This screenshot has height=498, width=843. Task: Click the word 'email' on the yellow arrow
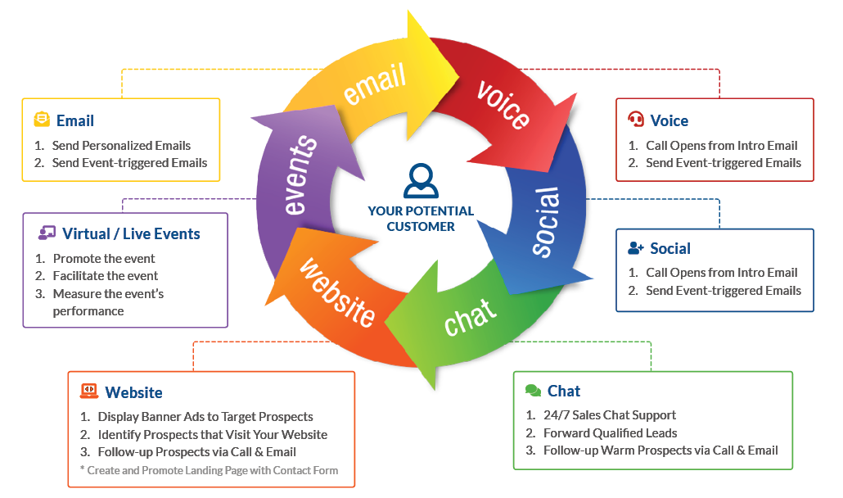coord(375,84)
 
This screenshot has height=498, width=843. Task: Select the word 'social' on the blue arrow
coord(546,222)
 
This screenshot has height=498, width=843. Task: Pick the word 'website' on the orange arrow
coord(337,292)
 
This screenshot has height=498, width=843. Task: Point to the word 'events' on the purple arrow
coord(302,175)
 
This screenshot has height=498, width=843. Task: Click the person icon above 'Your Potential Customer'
coord(421,181)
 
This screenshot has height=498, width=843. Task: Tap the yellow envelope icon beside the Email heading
coord(42,120)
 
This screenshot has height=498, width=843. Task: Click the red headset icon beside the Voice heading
coord(635,120)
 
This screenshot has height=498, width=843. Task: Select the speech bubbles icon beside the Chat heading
coord(533,391)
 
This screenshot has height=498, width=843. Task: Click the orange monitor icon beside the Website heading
coord(89,392)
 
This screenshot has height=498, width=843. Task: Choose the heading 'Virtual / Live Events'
coord(131,233)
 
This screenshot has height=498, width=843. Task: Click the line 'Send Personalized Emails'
coord(121,146)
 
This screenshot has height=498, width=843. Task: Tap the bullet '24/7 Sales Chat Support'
coord(610,415)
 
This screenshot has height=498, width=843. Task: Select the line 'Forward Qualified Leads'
coord(611,432)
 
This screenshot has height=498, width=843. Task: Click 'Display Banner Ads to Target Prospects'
coord(205,416)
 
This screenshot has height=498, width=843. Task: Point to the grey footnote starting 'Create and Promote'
coord(209,470)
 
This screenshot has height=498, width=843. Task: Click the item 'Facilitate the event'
coord(106,276)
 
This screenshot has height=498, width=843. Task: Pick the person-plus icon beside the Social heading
coord(636,248)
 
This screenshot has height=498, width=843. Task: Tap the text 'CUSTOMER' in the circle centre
coord(421,226)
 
